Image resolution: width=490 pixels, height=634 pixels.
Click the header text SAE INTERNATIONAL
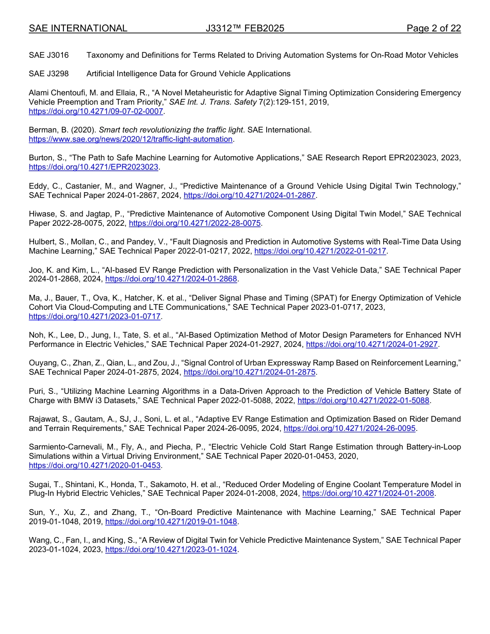[78, 28]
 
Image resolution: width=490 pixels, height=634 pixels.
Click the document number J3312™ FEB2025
[244, 28]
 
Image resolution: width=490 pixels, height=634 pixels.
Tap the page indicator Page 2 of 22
[433, 28]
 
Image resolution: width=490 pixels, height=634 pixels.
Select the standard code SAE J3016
[49, 55]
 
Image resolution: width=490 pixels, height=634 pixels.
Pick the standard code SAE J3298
[49, 74]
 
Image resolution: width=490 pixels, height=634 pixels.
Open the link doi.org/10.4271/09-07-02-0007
[96, 111]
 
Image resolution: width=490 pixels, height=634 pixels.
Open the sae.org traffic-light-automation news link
[131, 139]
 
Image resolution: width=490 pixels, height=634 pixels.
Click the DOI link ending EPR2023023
[94, 168]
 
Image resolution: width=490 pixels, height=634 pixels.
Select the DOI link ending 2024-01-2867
[249, 195]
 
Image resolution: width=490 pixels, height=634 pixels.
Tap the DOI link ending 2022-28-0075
[194, 223]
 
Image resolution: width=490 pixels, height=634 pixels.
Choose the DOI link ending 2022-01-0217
[320, 251]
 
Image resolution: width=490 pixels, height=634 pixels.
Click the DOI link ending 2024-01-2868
[171, 279]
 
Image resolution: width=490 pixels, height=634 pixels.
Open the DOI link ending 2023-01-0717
[95, 316]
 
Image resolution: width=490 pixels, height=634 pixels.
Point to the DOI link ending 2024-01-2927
[372, 344]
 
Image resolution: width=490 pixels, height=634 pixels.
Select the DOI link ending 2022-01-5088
[364, 400]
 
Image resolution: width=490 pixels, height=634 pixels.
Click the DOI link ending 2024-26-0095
[350, 428]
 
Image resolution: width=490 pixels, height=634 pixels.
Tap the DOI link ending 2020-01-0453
[95, 465]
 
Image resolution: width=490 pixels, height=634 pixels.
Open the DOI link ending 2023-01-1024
[171, 549]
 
